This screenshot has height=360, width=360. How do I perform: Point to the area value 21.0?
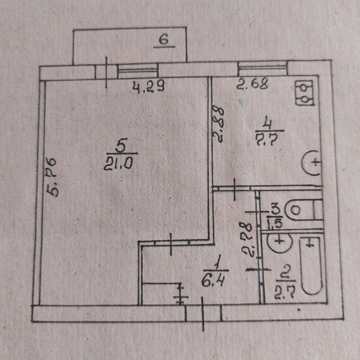pyautogui.click(x=118, y=164)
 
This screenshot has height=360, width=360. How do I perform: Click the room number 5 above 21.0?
pyautogui.click(x=121, y=146)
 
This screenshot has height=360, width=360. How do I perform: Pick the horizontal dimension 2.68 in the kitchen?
pyautogui.click(x=253, y=84)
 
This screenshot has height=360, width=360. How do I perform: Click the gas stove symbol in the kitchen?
pyautogui.click(x=305, y=93)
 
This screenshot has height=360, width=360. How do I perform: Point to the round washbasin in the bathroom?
pyautogui.click(x=280, y=241)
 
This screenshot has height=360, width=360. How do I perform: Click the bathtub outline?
pyautogui.click(x=311, y=266)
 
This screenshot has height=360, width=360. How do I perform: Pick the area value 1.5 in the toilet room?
pyautogui.click(x=275, y=223)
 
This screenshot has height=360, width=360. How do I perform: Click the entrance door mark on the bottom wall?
pyautogui.click(x=203, y=313)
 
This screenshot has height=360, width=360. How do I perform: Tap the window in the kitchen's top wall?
pyautogui.click(x=263, y=68)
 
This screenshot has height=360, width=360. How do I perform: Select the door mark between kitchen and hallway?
pyautogui.click(x=234, y=189)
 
